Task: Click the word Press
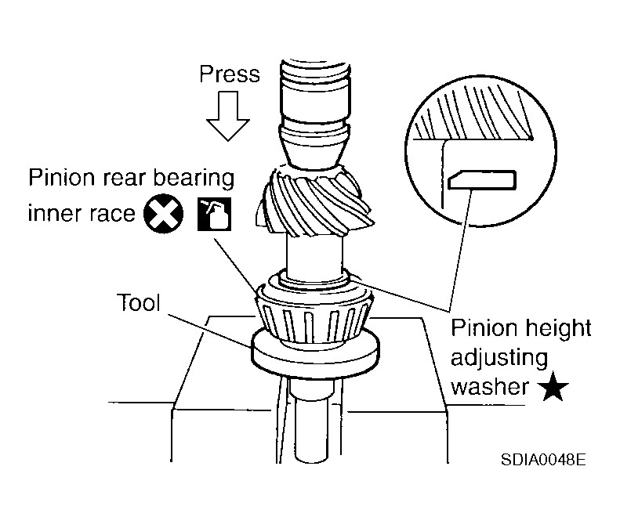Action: [x=230, y=74]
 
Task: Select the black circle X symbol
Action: [x=164, y=212]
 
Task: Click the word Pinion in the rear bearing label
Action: [x=60, y=179]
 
